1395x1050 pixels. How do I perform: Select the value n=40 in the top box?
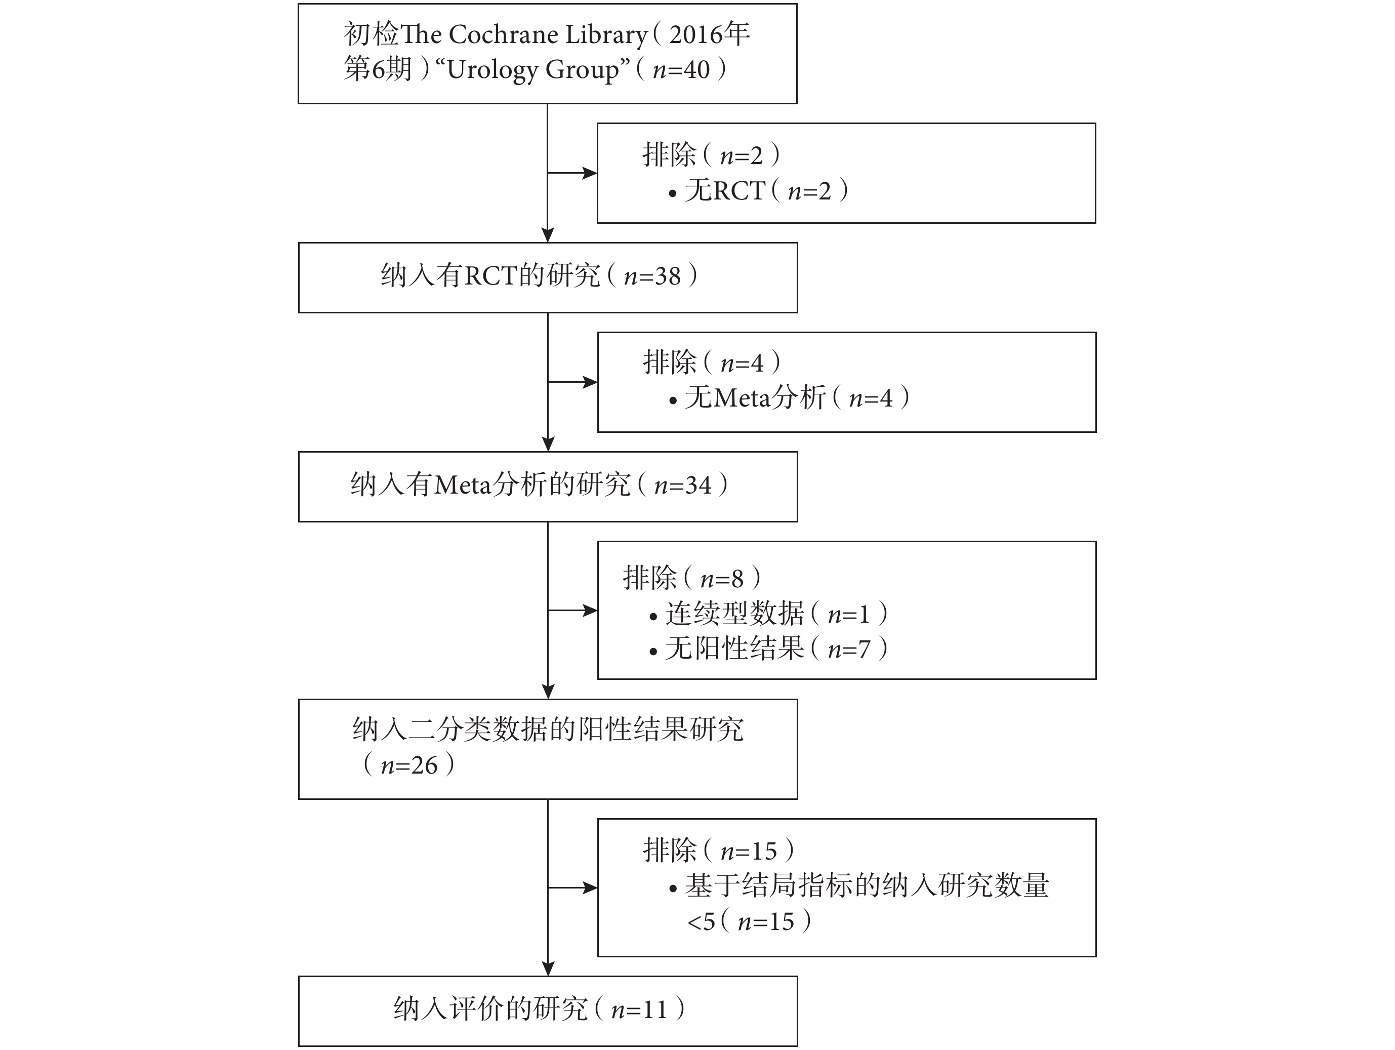[x=681, y=70]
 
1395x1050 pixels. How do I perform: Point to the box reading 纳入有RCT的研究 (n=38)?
[x=548, y=277]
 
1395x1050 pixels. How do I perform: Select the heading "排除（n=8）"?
[x=692, y=578]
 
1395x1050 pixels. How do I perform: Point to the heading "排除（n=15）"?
[x=719, y=850]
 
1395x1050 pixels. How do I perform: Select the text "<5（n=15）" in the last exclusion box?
[x=749, y=921]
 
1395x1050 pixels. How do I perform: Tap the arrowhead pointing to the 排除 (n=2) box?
[x=590, y=173]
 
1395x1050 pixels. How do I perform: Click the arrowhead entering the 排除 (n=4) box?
[x=590, y=382]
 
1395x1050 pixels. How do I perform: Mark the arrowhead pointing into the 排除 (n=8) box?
[x=590, y=611]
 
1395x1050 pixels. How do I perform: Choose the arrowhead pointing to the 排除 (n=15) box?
[x=590, y=888]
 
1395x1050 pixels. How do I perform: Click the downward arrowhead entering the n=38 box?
[x=548, y=234]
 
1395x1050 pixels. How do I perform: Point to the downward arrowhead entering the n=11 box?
[x=548, y=968]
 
